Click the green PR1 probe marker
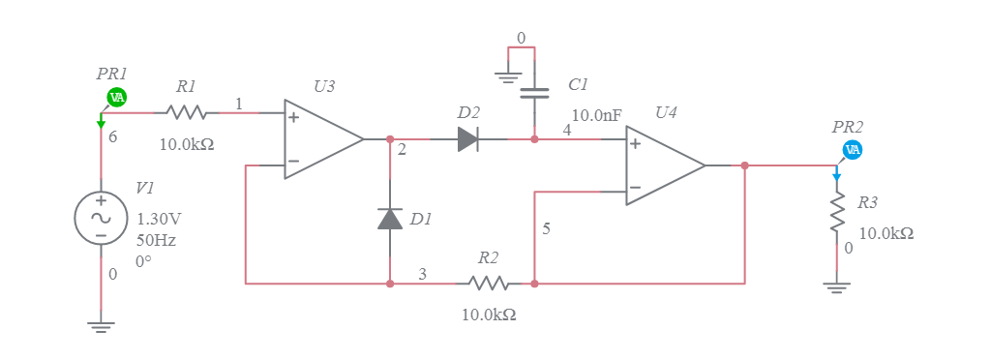pyautogui.click(x=116, y=97)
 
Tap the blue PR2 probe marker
pyautogui.click(x=853, y=150)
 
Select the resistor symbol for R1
pyautogui.click(x=187, y=113)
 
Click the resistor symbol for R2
pyautogui.click(x=488, y=284)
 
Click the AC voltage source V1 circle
pyautogui.click(x=101, y=218)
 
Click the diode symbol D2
pyautogui.click(x=468, y=139)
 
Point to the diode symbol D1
pyautogui.click(x=390, y=219)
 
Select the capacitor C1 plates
pyautogui.click(x=534, y=94)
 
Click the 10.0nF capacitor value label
pyautogui.click(x=596, y=115)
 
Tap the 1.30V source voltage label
pyautogui.click(x=159, y=219)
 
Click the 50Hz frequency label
pyautogui.click(x=156, y=240)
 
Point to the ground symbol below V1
pyautogui.click(x=101, y=325)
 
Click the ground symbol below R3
pyautogui.click(x=837, y=288)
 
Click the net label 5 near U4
pyautogui.click(x=546, y=229)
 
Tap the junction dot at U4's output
pyautogui.click(x=744, y=165)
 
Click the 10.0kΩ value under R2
pyautogui.click(x=488, y=315)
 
